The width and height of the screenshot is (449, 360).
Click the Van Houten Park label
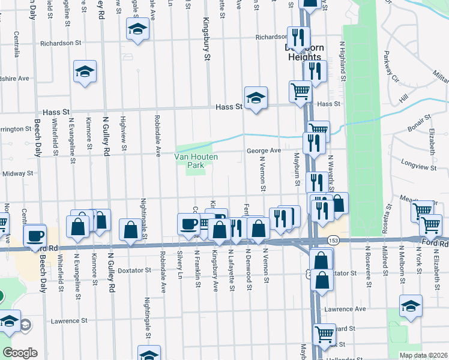[196, 160]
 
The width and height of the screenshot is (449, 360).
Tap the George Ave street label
[264, 151]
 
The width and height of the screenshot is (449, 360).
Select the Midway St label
[18, 173]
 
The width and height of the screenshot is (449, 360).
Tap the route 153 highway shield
[331, 239]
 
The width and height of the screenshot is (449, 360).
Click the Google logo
[20, 353]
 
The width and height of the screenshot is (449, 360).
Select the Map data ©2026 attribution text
[423, 355]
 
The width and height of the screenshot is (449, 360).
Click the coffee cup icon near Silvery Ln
[189, 223]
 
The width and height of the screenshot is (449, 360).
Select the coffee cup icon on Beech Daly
[35, 235]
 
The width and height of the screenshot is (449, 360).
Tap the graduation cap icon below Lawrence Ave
[411, 306]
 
